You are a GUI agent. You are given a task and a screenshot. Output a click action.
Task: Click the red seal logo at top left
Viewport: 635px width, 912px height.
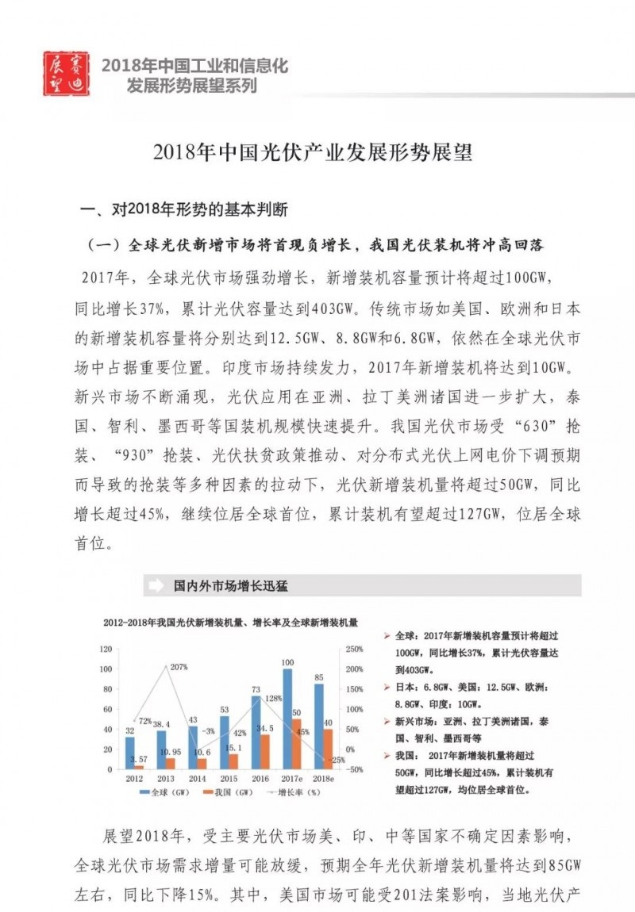(66, 74)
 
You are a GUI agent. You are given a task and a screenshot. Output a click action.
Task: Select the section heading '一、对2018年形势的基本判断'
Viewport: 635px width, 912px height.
(184, 211)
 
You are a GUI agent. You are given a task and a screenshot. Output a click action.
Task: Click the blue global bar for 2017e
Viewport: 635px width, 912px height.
(287, 718)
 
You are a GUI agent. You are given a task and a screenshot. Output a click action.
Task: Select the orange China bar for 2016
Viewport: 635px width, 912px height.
(265, 751)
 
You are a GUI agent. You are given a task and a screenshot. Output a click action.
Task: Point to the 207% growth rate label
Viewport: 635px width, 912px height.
(178, 667)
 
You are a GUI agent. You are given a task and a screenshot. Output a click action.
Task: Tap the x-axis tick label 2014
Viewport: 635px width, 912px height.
(197, 779)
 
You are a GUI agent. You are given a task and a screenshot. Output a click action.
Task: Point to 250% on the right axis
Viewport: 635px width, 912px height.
(355, 649)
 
